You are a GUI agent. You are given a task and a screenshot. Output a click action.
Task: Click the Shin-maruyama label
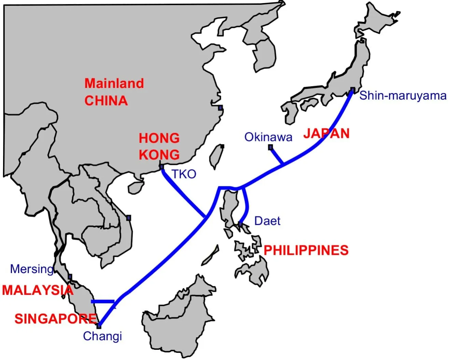coord(403,96)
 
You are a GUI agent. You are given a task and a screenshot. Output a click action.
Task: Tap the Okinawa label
coord(268,137)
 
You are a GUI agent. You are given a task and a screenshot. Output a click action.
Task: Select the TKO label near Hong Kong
coord(184,174)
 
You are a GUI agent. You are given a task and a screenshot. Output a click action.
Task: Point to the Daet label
coord(267,221)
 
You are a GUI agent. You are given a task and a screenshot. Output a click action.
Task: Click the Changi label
coord(102,336)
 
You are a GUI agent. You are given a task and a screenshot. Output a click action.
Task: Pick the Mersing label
coord(32,269)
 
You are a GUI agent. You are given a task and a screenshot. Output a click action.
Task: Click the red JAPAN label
coord(326,133)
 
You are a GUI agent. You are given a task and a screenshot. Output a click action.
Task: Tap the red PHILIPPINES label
coord(306,250)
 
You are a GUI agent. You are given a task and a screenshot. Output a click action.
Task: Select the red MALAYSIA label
coord(38,290)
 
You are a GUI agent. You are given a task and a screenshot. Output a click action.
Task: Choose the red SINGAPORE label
coord(56,319)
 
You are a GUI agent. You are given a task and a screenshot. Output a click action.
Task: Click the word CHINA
coord(106,101)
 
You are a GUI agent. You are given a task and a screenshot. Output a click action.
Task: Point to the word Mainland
coord(114,83)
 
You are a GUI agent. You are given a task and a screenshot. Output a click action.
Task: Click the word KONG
coord(159,155)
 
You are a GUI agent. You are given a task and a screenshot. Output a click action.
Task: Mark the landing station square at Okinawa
coord(270,147)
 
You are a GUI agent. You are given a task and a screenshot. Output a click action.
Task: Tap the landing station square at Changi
coord(99,326)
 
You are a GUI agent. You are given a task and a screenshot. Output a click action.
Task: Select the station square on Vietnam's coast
coord(128,218)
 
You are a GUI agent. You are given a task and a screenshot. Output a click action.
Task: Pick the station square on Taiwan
coord(222,146)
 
